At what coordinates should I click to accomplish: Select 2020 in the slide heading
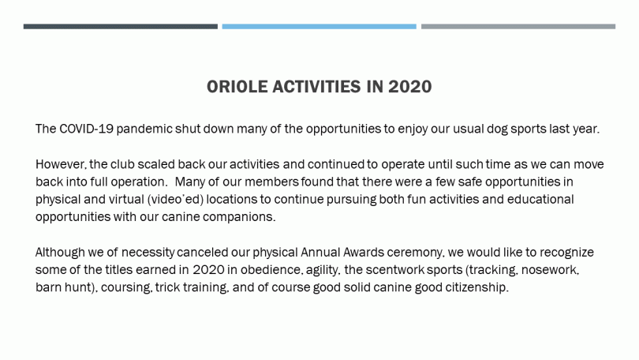pos(409,87)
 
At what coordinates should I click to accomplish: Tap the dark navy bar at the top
pos(121,27)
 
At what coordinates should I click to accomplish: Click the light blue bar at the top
pos(319,27)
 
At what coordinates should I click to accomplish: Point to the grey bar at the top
pos(518,27)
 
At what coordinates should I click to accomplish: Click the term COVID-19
pos(86,129)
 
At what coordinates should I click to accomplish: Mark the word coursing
pos(127,288)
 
